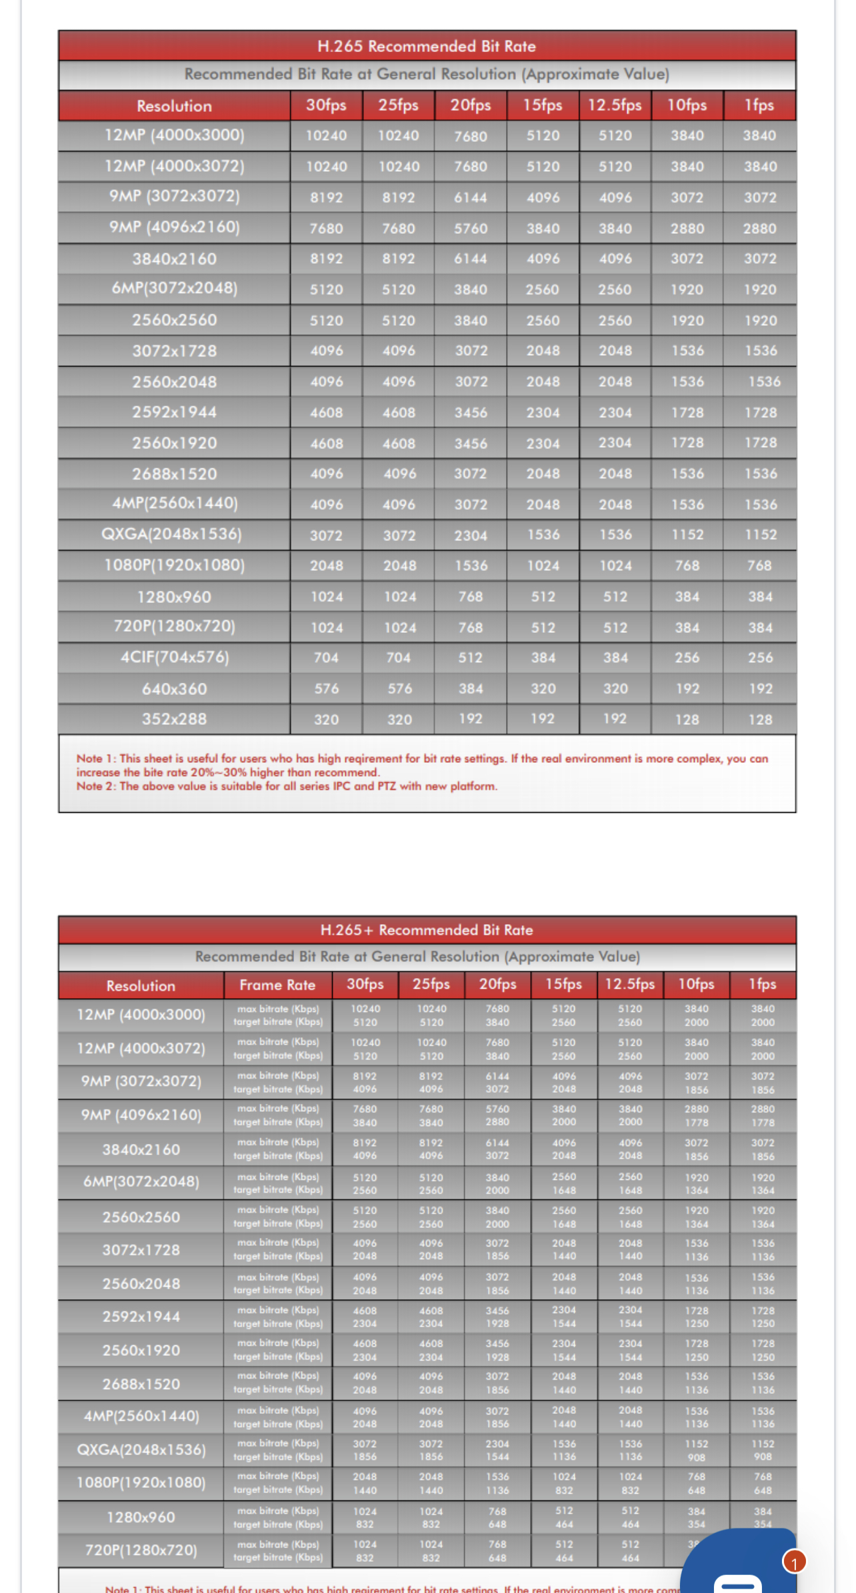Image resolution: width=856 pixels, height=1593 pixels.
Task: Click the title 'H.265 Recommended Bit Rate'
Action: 427,46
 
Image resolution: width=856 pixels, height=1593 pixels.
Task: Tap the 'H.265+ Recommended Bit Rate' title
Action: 427,929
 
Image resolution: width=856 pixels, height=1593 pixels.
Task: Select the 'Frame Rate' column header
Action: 277,985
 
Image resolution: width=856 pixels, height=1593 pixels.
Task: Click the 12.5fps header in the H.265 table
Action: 615,105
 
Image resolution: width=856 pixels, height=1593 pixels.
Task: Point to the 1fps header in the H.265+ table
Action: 763,984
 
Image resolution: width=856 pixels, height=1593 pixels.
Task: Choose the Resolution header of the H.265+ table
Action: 141,985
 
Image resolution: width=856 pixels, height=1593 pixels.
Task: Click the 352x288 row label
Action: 174,719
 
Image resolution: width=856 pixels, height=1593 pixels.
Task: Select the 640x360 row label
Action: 174,688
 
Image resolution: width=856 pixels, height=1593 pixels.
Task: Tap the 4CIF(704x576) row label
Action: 174,658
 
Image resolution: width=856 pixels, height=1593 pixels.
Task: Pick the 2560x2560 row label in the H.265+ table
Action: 141,1217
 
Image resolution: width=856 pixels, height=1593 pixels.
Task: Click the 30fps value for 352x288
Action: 327,720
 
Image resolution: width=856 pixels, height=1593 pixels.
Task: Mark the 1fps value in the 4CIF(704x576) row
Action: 760,658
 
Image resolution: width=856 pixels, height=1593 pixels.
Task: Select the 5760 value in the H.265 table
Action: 471,228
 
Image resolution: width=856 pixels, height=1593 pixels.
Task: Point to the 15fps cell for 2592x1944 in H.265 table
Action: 543,412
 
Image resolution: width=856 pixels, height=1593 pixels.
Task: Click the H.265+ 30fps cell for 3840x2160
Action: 365,1149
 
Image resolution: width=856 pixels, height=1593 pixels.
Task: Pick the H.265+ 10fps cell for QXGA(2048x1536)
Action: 696,1450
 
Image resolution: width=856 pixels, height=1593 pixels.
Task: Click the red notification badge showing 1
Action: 794,1562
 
